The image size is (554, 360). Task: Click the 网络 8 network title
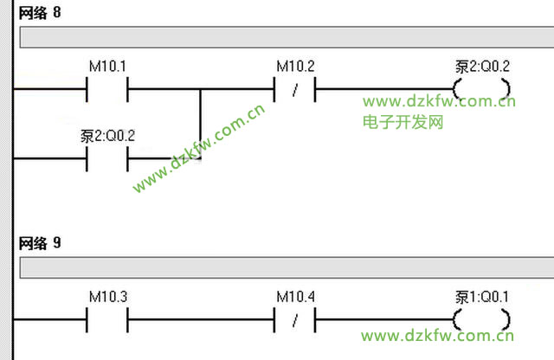click(39, 14)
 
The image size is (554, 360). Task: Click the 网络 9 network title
click(39, 245)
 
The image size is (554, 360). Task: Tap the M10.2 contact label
click(294, 66)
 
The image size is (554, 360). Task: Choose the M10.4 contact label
click(294, 297)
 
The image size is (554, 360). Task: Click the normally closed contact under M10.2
click(294, 88)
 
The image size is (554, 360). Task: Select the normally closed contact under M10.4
click(294, 319)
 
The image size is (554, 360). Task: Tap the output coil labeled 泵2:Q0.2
click(481, 88)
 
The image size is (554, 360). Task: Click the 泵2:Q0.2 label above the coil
click(482, 66)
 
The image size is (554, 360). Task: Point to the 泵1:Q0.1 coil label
click(482, 297)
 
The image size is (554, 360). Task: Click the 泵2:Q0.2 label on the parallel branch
click(107, 136)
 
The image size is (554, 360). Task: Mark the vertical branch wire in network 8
click(200, 121)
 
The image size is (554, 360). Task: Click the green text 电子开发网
click(403, 122)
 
